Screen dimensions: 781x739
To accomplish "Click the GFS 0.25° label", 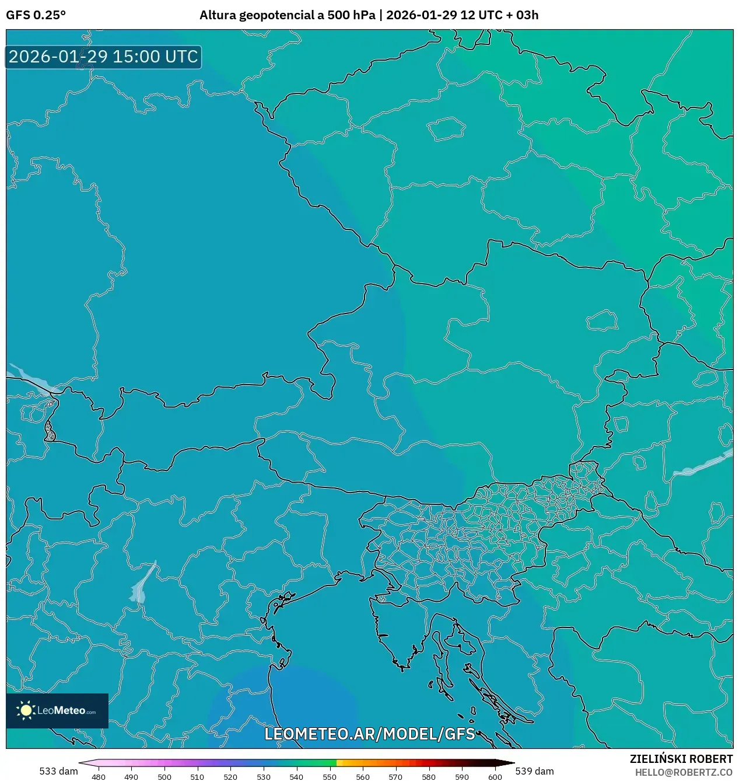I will [x=36, y=15].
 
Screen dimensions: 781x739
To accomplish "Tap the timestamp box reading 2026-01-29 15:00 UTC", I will [x=103, y=57].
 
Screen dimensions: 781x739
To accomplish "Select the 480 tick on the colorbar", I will [x=99, y=776].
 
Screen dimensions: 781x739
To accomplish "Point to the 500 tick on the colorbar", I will [x=164, y=776].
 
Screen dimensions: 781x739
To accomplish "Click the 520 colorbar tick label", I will [x=230, y=776].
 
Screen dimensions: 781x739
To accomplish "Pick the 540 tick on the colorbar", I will [x=296, y=776].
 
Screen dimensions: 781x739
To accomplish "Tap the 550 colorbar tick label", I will [x=330, y=776].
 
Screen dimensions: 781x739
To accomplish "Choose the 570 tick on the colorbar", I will [x=395, y=776].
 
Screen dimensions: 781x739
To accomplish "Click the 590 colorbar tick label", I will [x=461, y=776].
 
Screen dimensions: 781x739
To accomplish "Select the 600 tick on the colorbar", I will [x=495, y=776].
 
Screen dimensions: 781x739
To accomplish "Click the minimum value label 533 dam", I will [x=58, y=771].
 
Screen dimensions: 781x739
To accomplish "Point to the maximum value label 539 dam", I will [x=534, y=771].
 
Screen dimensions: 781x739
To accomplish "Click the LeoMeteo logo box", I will [x=57, y=710].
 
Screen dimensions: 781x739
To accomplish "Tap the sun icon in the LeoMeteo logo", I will [x=26, y=710].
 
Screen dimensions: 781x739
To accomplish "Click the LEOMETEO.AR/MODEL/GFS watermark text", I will [x=370, y=734].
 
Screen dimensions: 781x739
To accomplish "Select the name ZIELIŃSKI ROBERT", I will [x=681, y=759].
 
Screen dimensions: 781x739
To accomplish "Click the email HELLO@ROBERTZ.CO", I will [x=684, y=772].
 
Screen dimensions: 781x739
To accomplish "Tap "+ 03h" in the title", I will [x=523, y=15].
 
